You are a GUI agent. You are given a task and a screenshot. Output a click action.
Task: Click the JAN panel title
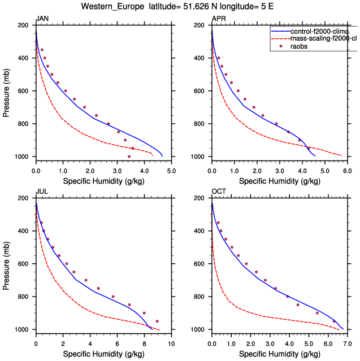pyautogui.click(x=42, y=19)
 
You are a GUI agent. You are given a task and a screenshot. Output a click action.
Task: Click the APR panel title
pyautogui.click(x=218, y=19)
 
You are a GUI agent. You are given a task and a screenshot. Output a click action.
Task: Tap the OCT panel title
pyautogui.click(x=218, y=192)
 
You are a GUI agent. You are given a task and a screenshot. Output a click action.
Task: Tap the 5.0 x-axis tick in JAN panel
pyautogui.click(x=171, y=170)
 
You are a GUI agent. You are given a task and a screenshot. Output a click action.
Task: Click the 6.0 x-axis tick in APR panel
pyautogui.click(x=347, y=170)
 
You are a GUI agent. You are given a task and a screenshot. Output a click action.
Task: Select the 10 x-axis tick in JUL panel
pyautogui.click(x=171, y=343)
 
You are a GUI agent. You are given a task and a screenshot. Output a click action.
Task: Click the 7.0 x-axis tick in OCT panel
pyautogui.click(x=347, y=343)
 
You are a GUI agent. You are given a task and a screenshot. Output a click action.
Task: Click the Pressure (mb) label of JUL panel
pyautogui.click(x=6, y=264)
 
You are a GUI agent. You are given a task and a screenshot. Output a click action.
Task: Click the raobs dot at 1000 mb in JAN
pyautogui.click(x=129, y=156)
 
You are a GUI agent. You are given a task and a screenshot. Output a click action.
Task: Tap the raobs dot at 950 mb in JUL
pyautogui.click(x=157, y=321)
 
